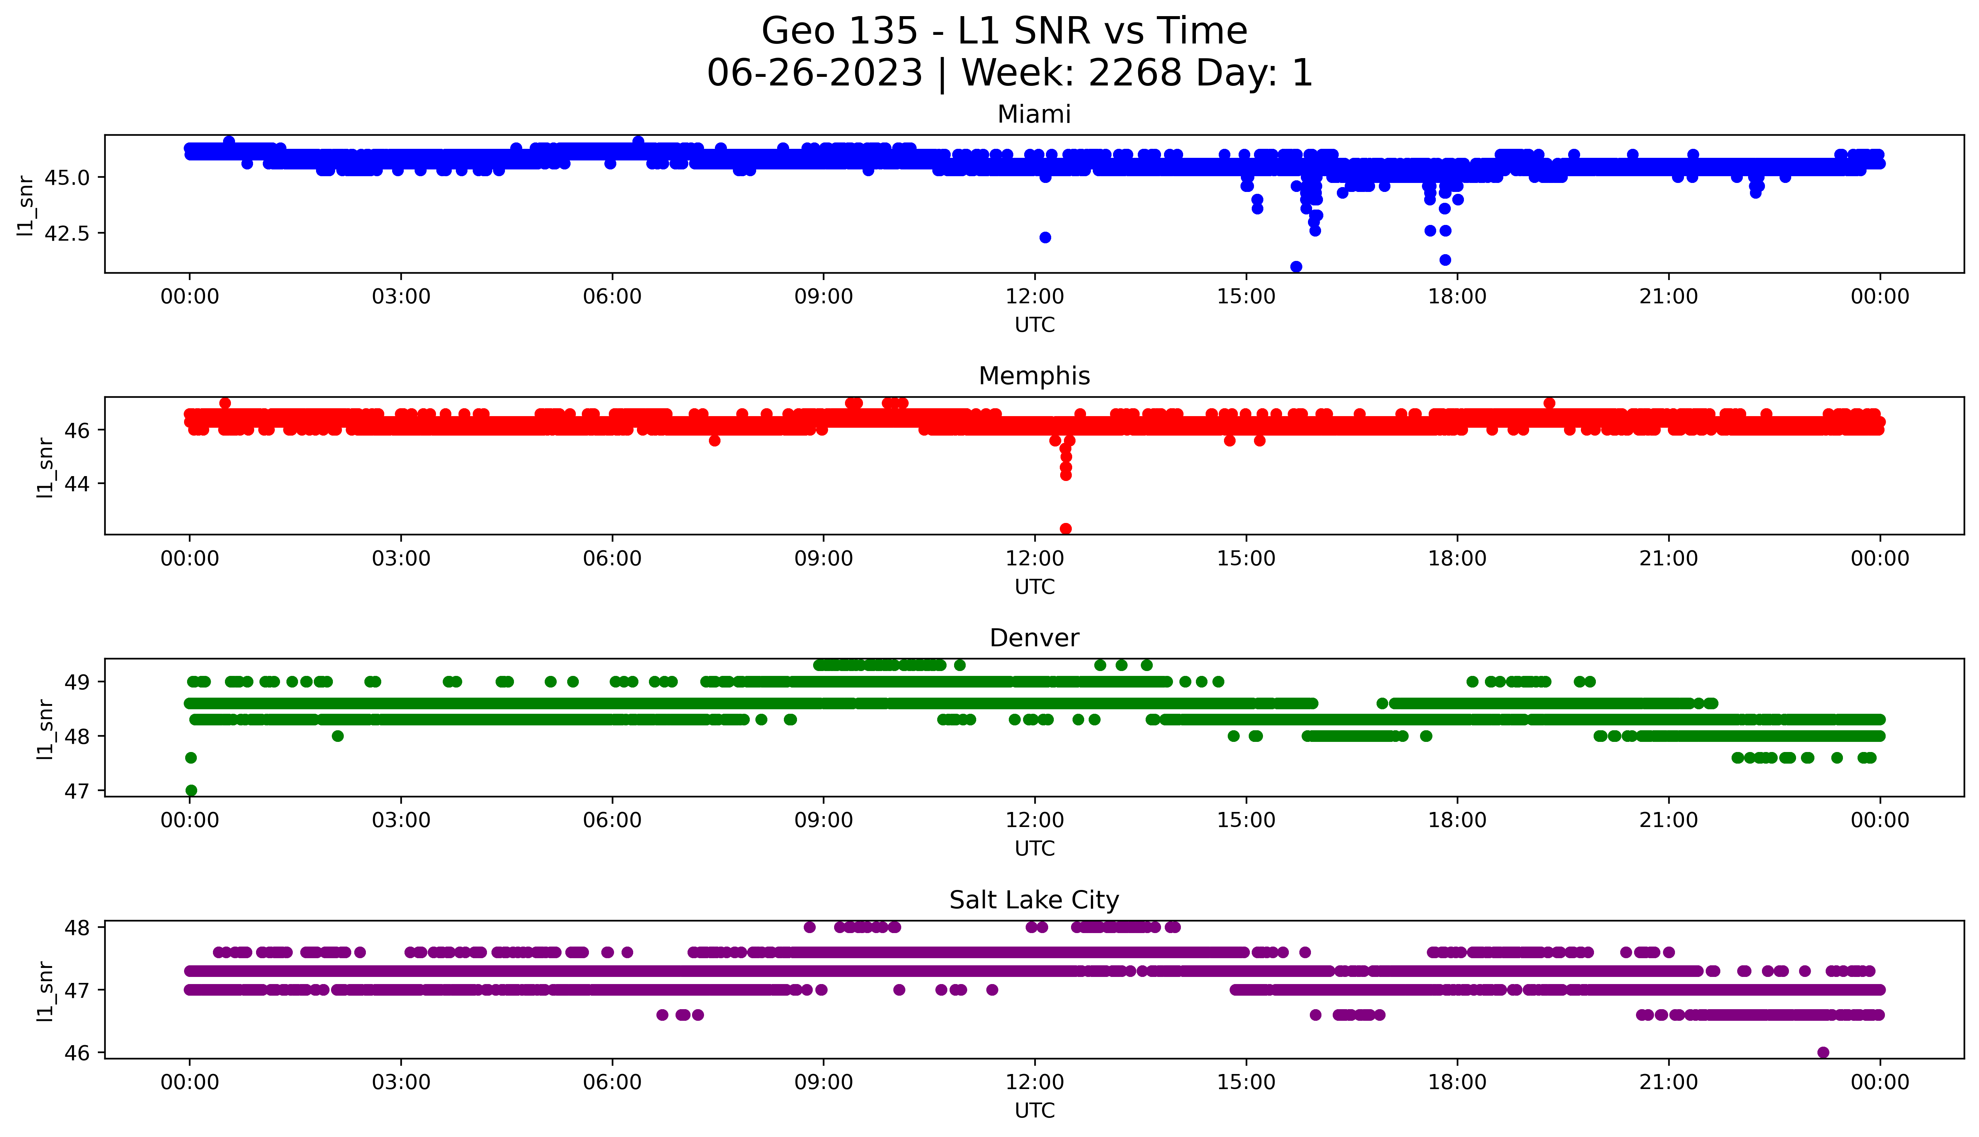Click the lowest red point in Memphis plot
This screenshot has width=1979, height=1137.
(1066, 529)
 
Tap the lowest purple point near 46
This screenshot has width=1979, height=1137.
(1823, 1052)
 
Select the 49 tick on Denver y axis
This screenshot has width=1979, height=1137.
(78, 682)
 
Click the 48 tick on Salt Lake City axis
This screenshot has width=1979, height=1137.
(78, 927)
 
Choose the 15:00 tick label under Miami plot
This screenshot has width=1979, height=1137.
(1246, 297)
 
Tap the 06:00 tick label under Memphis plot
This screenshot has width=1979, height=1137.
(612, 558)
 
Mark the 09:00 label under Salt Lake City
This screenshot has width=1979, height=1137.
(824, 1082)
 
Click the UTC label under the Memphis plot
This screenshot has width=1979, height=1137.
(1034, 586)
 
